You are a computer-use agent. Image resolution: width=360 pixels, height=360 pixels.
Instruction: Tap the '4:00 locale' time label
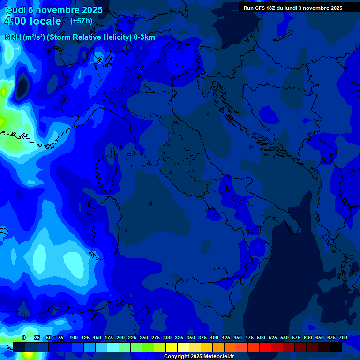coord(33,21)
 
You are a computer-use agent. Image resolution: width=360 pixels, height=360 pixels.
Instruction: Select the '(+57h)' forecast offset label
coord(81,21)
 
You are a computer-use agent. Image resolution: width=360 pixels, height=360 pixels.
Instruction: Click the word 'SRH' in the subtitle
coord(13,37)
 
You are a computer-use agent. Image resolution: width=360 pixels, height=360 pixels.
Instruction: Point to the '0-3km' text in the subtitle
coord(144,37)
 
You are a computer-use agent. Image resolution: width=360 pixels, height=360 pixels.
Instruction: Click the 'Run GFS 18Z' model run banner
coord(292,8)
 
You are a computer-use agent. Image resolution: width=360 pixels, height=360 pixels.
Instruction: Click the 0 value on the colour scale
coord(23,337)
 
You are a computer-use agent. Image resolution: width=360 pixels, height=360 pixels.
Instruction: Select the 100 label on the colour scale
coord(74,337)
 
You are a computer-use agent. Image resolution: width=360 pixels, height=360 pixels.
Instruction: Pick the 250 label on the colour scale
coord(144,337)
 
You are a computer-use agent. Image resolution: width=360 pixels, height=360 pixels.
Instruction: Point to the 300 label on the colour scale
coord(167,337)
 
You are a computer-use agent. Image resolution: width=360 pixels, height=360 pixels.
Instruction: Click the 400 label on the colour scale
coord(214,337)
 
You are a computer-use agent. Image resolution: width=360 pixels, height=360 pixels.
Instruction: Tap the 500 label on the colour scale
coord(261,337)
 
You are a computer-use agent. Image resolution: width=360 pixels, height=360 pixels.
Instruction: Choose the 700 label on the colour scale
coord(343,337)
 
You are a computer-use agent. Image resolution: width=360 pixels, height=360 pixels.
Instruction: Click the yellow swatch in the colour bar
coord(172,347)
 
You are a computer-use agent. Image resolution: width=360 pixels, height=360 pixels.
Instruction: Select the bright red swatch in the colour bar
coord(265,347)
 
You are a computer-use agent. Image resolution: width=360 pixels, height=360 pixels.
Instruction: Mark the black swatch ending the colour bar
coord(336,347)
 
